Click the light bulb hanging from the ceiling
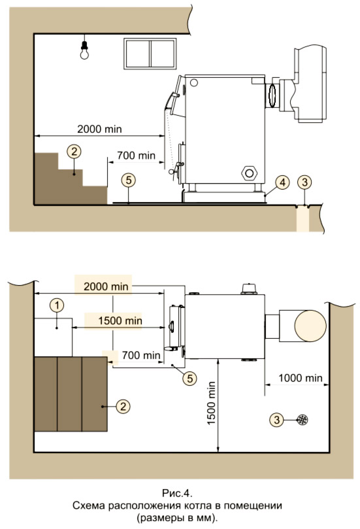point(84,50)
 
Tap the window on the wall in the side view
point(150,54)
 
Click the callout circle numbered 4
point(282,182)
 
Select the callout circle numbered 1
point(57,305)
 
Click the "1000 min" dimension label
point(301,378)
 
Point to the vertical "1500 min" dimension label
point(211,403)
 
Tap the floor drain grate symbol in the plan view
point(303,420)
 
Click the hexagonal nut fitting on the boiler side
point(249,173)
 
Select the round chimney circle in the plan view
point(310,326)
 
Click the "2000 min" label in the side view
point(99,129)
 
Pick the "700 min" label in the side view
point(136,156)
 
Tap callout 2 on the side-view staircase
point(74,152)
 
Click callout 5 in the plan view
point(189,378)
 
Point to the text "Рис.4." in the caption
point(177,493)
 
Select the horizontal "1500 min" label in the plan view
point(120,320)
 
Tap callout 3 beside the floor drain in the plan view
point(277,420)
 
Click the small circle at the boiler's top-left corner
point(194,82)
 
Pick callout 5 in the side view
point(129,180)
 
